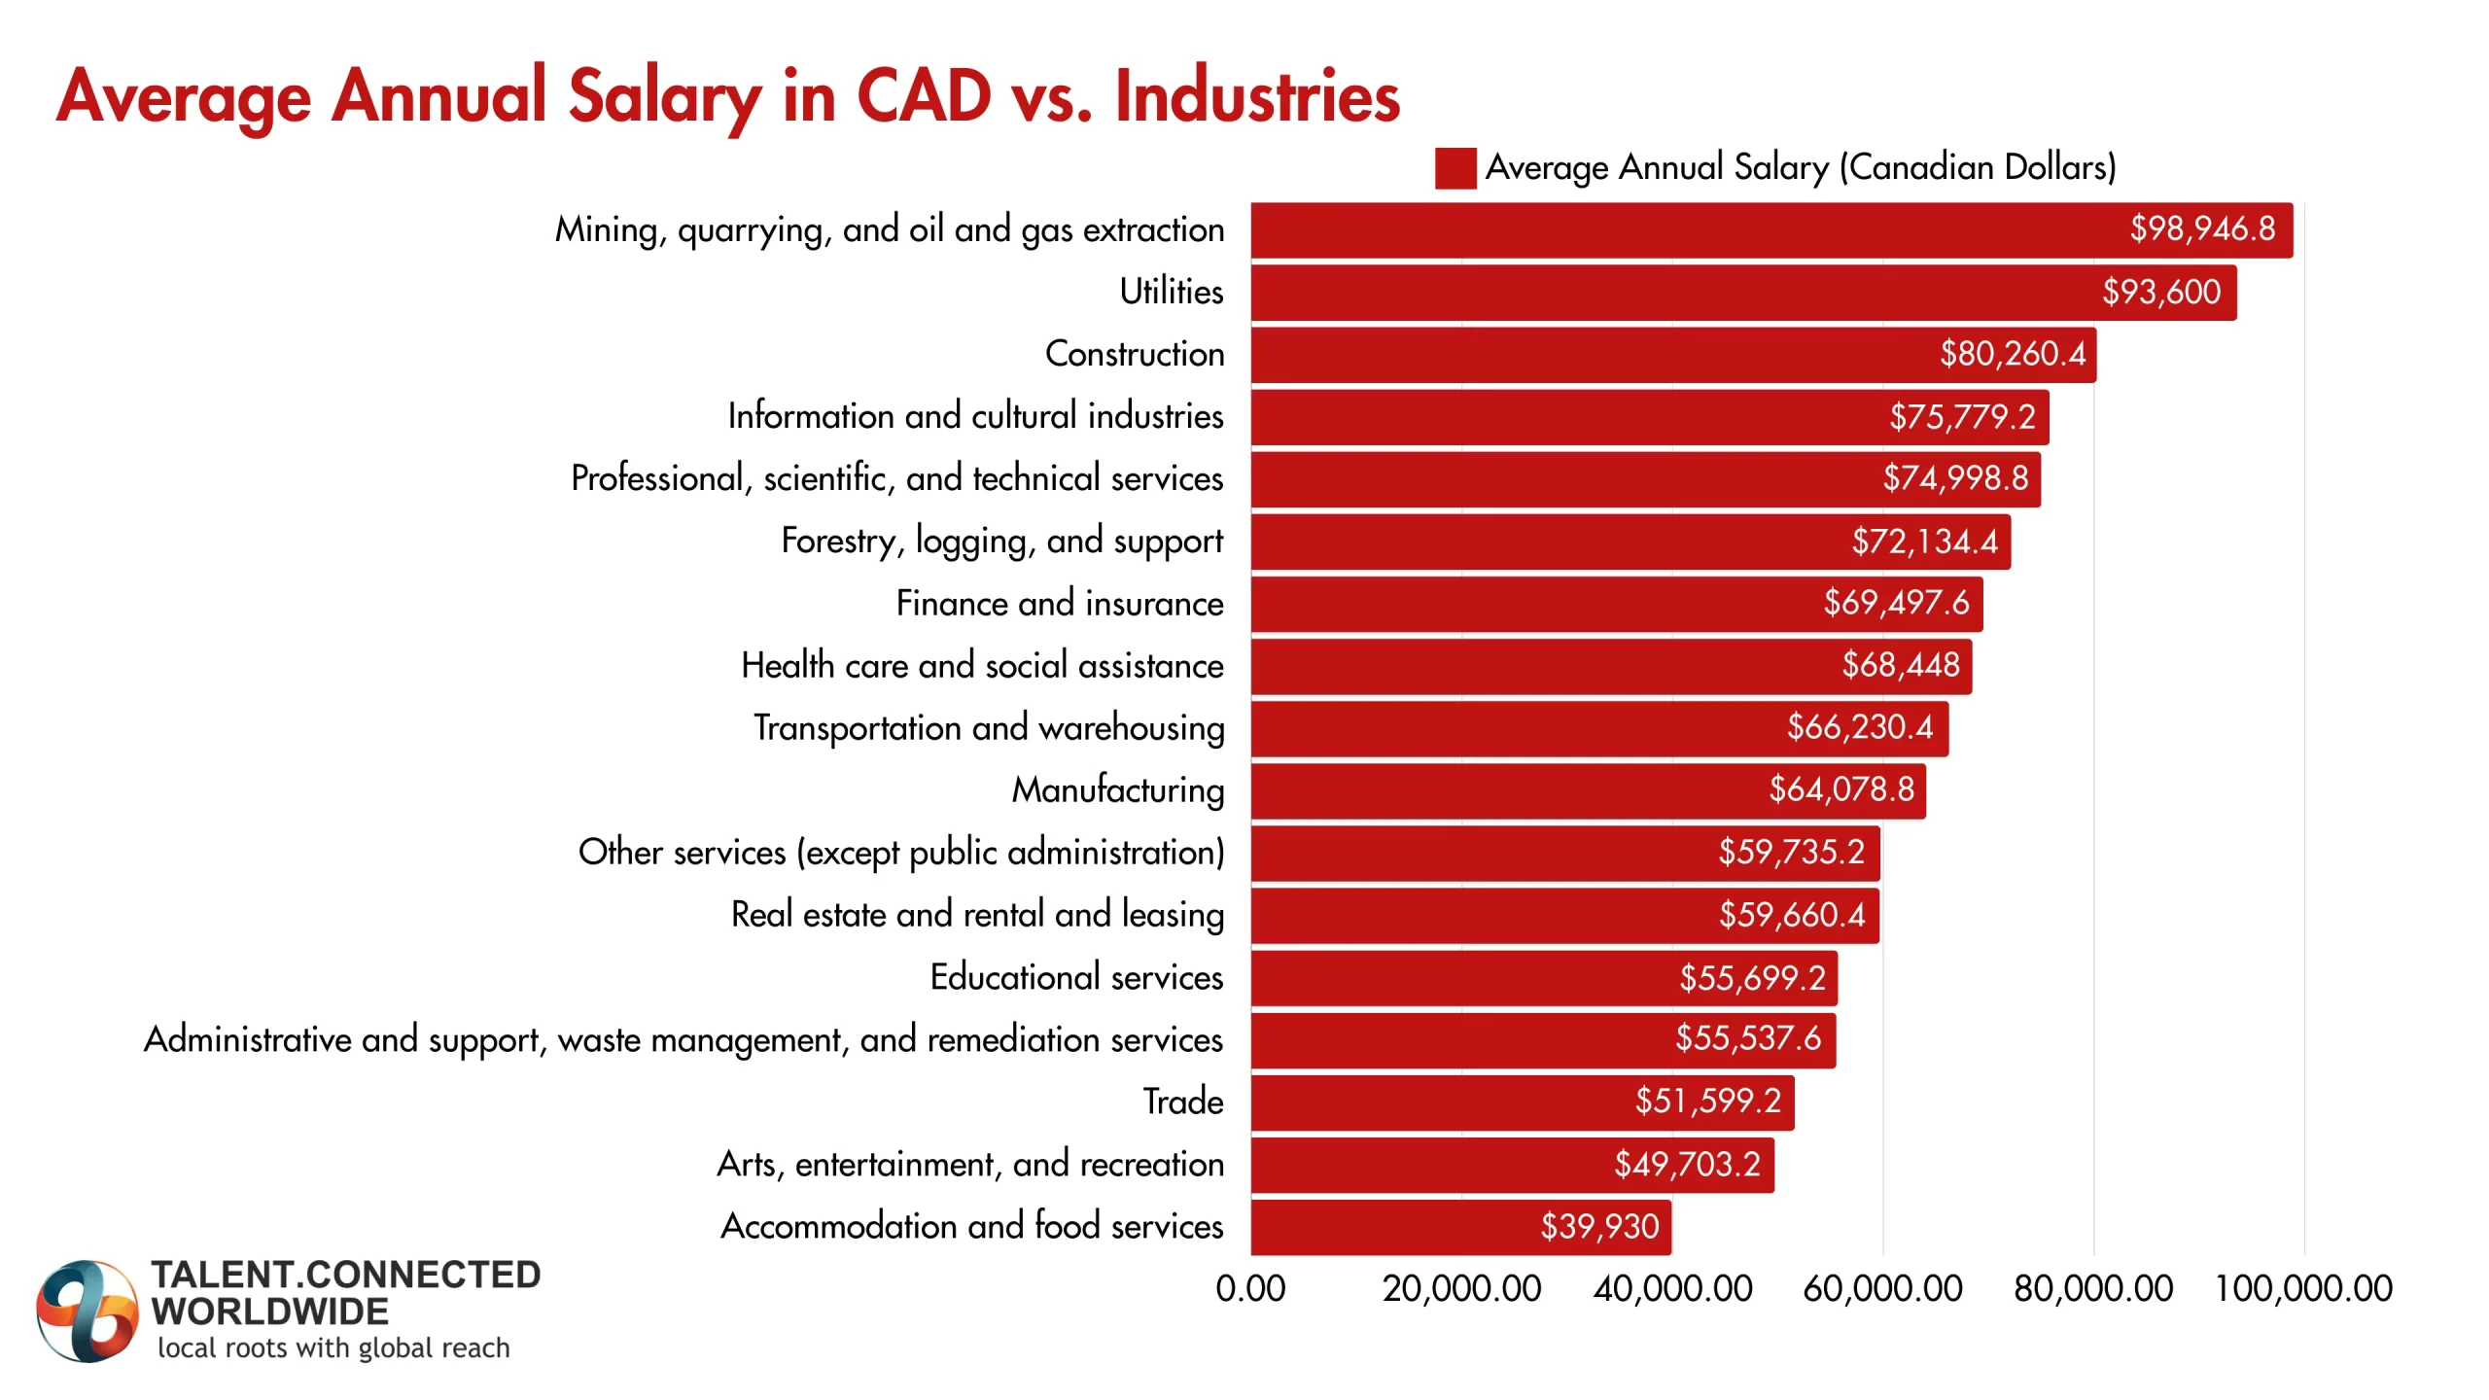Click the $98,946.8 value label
(2202, 229)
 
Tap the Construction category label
(1134, 354)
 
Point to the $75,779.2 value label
(1962, 417)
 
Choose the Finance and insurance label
(1059, 604)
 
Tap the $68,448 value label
(1901, 666)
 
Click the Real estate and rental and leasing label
(977, 915)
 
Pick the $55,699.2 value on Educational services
(1752, 978)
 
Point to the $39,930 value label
(1599, 1227)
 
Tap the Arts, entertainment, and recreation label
(970, 1165)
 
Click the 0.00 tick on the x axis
(1250, 1289)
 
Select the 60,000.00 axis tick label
(1882, 1289)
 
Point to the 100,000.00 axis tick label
(2302, 1289)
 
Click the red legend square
(1455, 168)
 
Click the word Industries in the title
(1256, 97)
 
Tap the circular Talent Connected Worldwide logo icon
(86, 1311)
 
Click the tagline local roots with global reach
(333, 1348)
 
